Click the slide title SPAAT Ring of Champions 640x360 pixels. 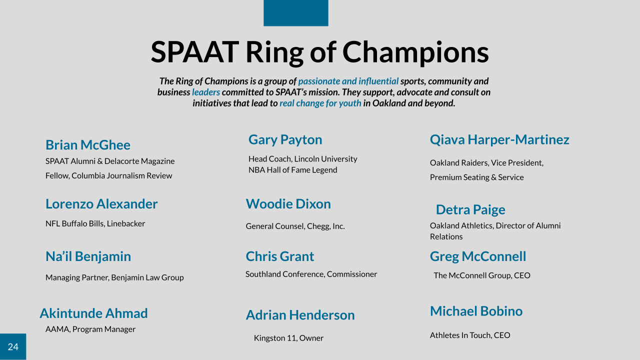(x=319, y=52)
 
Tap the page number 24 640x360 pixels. (x=13, y=347)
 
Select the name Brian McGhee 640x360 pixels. (x=88, y=145)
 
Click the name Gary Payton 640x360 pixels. (x=285, y=139)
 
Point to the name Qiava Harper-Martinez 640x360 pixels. (x=499, y=139)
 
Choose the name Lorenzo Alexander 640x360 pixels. (x=101, y=204)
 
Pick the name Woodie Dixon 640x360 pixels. (x=288, y=204)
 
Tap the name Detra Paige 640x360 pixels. (x=470, y=209)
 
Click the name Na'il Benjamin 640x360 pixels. (x=88, y=256)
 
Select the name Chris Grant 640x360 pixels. (x=280, y=256)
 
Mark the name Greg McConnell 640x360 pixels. (x=478, y=256)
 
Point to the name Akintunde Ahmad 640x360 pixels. (x=93, y=313)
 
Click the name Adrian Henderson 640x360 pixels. (x=300, y=315)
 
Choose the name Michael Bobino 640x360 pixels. (x=476, y=311)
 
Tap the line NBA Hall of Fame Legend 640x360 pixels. (x=293, y=170)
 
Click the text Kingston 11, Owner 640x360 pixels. (x=288, y=338)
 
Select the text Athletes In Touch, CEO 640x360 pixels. (x=470, y=335)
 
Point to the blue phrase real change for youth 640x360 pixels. (x=320, y=103)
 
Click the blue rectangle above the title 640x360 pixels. (x=296, y=13)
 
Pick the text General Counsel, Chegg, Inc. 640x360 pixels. (x=295, y=226)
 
